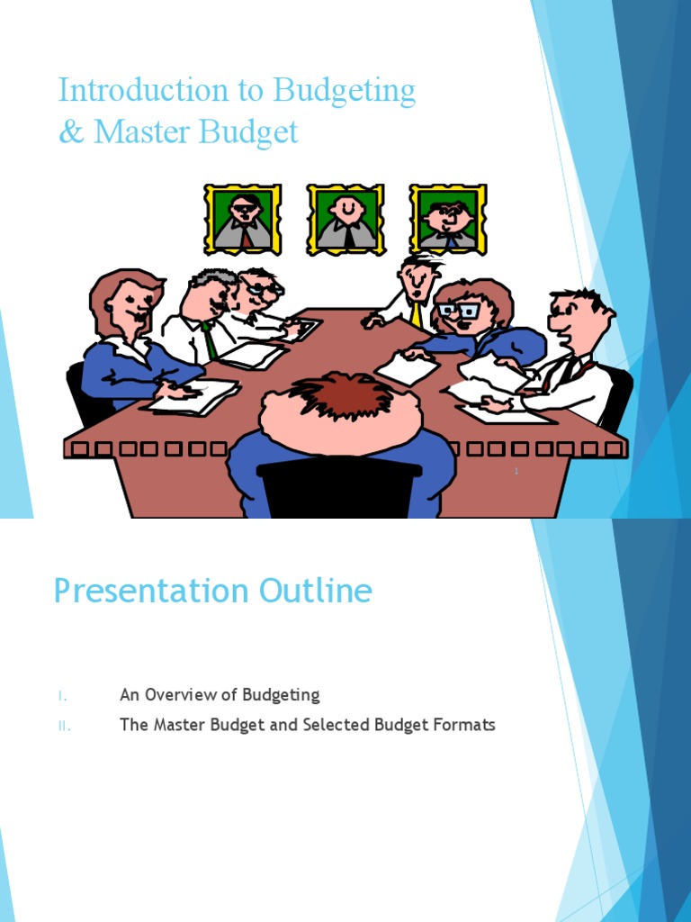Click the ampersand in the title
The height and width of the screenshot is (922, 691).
pyautogui.click(x=68, y=133)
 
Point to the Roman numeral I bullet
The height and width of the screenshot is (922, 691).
pyautogui.click(x=62, y=695)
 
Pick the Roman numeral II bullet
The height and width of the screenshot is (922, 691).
pyautogui.click(x=64, y=726)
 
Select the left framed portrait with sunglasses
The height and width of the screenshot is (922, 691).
pyautogui.click(x=243, y=220)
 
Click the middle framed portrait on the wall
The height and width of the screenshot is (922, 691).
pyautogui.click(x=346, y=219)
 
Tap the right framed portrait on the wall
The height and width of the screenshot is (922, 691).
pyautogui.click(x=448, y=219)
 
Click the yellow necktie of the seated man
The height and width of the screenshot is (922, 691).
pyautogui.click(x=416, y=314)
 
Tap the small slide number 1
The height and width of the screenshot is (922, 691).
pyautogui.click(x=517, y=471)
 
